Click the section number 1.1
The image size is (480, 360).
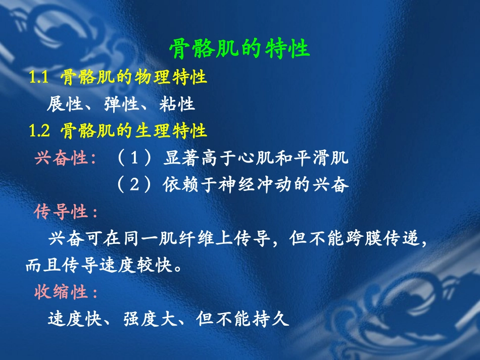click(38, 78)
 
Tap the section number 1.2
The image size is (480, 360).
click(39, 131)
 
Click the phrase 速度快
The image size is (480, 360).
click(74, 319)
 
